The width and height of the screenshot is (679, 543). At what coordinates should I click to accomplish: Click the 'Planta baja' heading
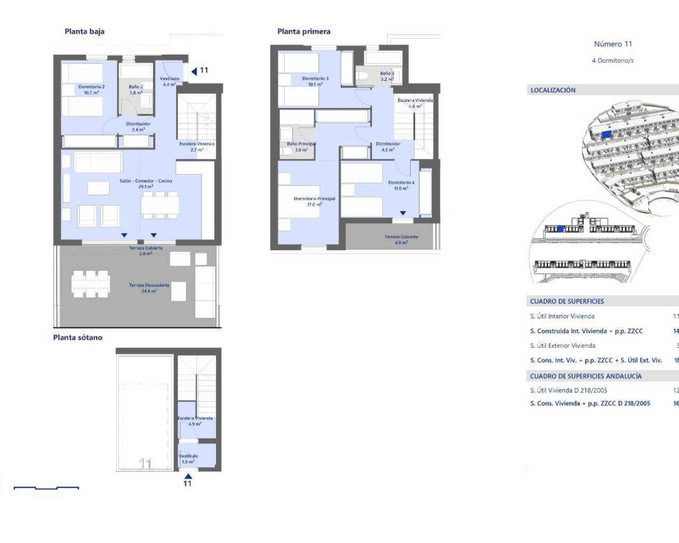pos(84,31)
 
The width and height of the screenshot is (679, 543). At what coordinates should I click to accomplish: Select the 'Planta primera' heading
pos(303,31)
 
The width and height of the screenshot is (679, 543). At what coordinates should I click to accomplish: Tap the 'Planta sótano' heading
pos(77,337)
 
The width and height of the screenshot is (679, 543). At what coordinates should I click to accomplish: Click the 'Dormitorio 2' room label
pos(91,87)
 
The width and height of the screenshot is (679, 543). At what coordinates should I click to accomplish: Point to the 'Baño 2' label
pos(136,87)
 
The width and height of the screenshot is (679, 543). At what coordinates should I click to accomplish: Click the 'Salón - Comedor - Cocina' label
pos(145,181)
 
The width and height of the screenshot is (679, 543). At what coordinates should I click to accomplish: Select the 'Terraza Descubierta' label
pos(149,285)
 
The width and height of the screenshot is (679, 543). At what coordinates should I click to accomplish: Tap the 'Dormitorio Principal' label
pos(314,199)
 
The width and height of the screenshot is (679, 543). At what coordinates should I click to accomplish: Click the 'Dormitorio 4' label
pos(401,182)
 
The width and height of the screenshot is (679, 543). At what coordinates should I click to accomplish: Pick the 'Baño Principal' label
pos(301,144)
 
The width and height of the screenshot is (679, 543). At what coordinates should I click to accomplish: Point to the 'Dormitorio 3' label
pos(315,78)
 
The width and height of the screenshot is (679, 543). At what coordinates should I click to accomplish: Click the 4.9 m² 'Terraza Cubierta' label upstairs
pos(401,237)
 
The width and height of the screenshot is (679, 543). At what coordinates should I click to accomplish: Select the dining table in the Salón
pos(160,205)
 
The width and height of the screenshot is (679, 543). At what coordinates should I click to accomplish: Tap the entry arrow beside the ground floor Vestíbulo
pos(194,71)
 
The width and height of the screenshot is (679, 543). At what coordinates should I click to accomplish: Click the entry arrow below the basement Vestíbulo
pos(188,476)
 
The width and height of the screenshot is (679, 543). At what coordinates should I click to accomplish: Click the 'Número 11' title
pos(613,44)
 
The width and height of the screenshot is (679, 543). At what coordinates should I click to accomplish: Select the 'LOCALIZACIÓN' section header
pos(553,90)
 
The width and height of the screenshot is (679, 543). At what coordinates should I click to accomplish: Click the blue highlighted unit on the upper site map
pos(606,135)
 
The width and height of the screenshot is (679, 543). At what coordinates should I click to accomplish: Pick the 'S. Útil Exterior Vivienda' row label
pos(562,345)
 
